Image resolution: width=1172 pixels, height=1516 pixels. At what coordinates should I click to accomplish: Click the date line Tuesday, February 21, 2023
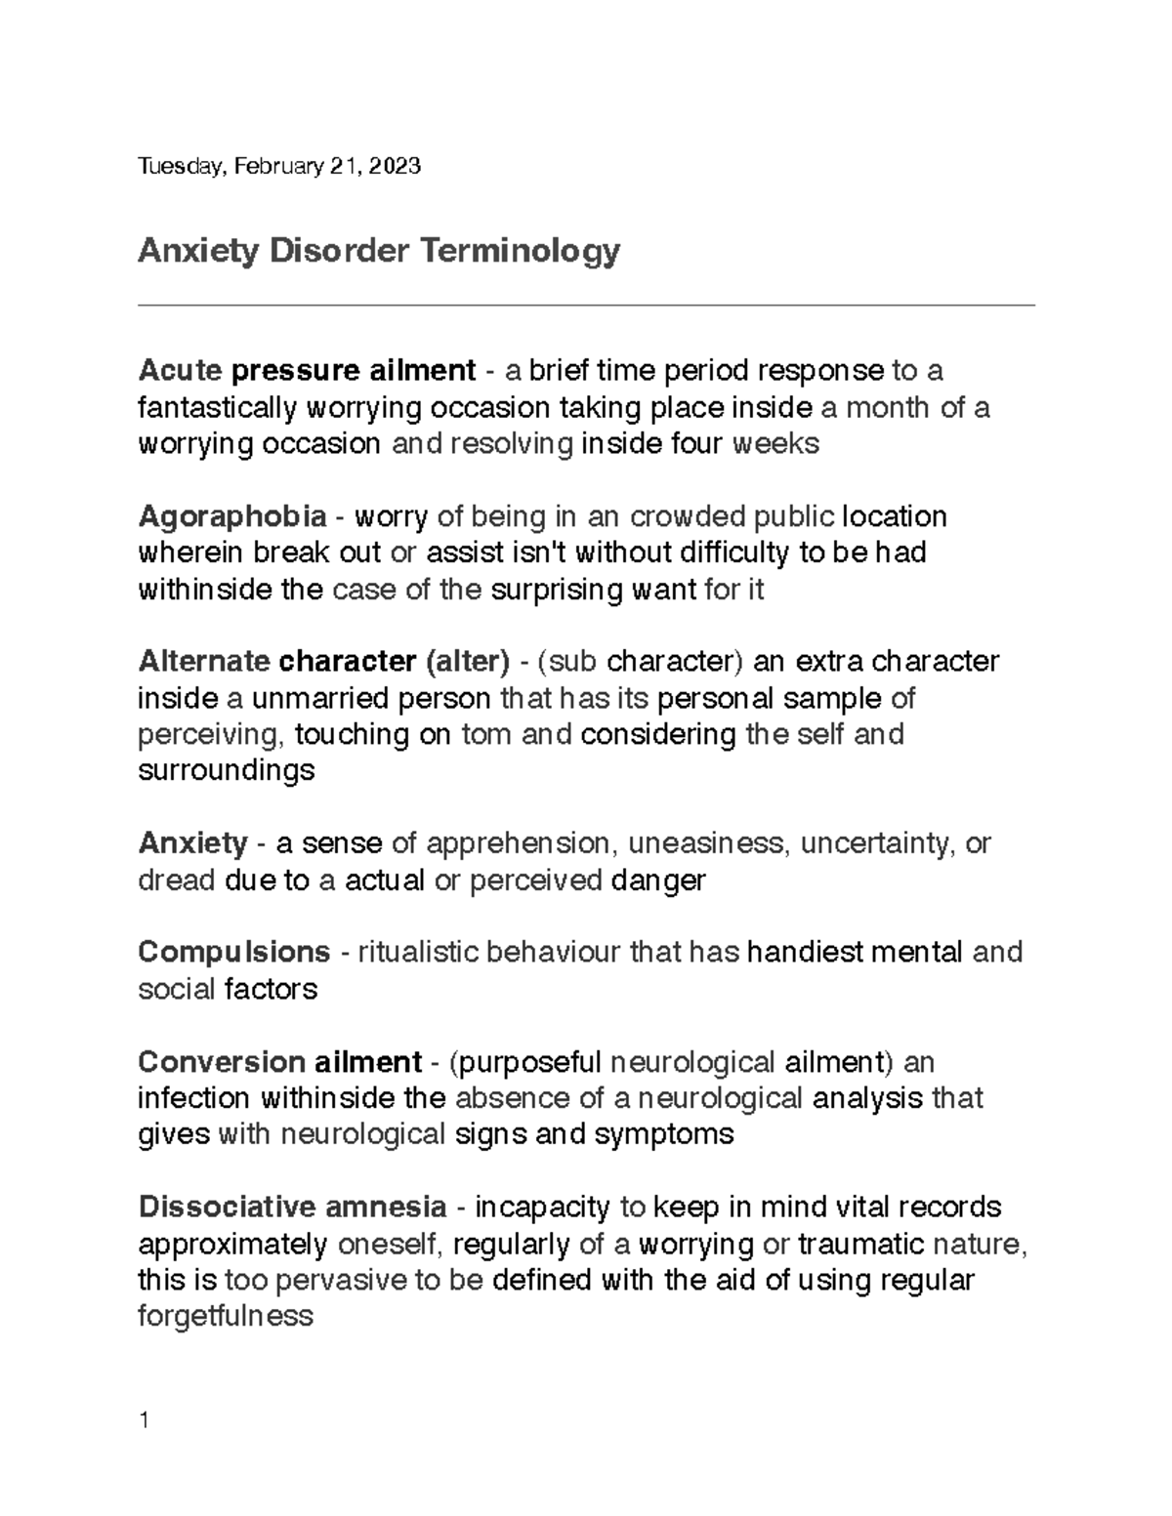pos(279,166)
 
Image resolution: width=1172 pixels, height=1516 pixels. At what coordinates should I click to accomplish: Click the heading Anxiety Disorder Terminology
pos(379,251)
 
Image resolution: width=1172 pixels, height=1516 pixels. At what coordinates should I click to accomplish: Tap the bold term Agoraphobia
pos(232,515)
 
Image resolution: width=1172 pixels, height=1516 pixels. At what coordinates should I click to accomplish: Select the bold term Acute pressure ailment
pos(307,371)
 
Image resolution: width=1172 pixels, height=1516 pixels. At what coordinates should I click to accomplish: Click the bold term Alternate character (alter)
pos(324,661)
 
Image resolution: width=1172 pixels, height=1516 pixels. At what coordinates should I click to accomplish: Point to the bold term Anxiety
pos(193,842)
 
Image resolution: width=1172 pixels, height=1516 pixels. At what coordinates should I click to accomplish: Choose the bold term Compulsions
pos(234,952)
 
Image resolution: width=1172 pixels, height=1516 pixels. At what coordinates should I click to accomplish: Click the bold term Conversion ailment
pos(280,1061)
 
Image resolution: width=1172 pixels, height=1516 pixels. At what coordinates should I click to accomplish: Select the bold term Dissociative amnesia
pos(293,1208)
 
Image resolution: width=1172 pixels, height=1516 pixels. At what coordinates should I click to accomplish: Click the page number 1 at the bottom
pos(144,1420)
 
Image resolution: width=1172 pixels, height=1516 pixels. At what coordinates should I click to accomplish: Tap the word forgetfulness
pos(226,1317)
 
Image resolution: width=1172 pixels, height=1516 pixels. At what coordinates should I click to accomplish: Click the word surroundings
pos(227,771)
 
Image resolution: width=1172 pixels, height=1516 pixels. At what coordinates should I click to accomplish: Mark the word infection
pos(194,1098)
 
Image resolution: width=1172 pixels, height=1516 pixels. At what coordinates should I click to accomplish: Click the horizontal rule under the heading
pos(586,306)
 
